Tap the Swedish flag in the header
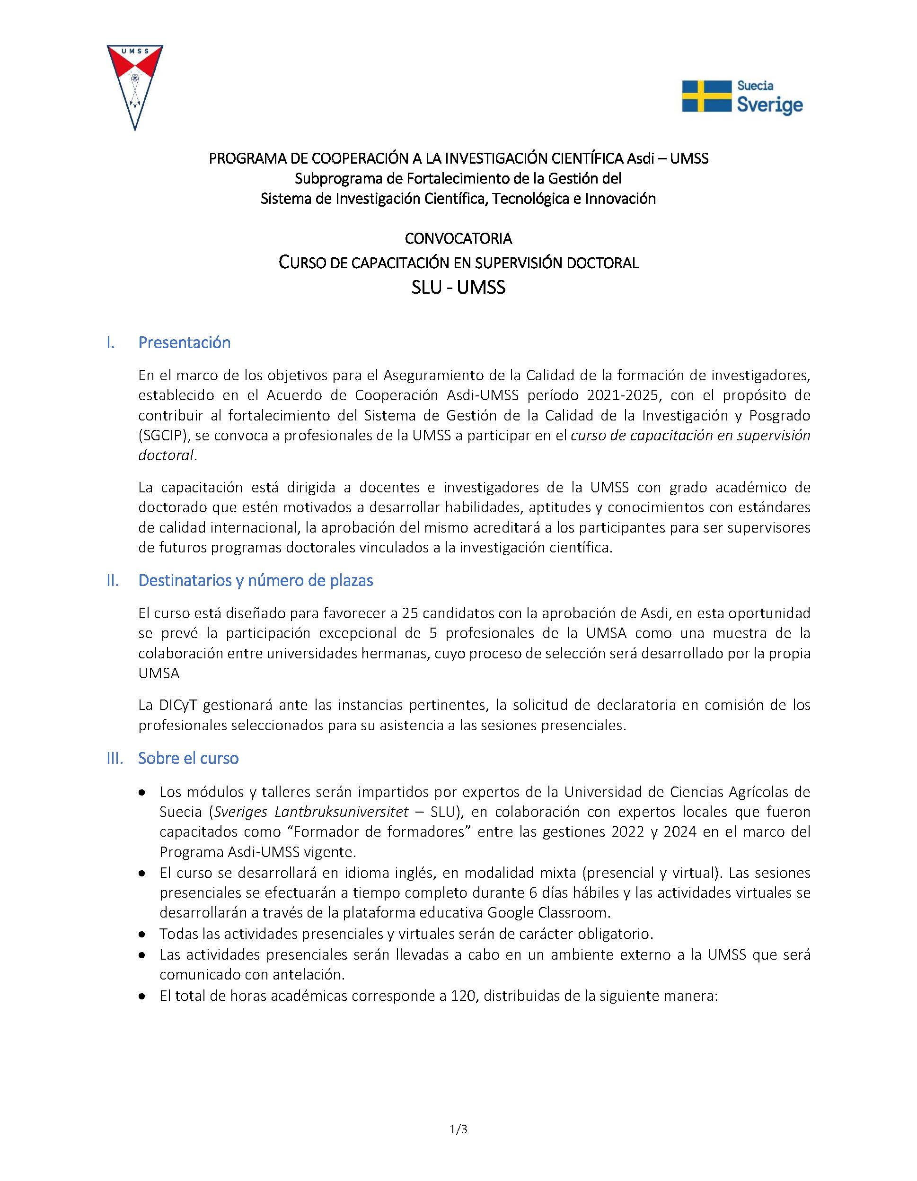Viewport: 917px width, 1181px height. point(705,96)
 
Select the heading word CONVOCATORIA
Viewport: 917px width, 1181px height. point(458,238)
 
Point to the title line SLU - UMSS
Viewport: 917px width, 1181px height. point(458,287)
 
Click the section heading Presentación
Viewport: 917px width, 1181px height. point(185,342)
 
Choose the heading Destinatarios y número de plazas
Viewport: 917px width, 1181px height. point(256,580)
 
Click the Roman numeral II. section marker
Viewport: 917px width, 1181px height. point(113,581)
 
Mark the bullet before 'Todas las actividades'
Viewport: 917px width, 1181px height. point(142,935)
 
